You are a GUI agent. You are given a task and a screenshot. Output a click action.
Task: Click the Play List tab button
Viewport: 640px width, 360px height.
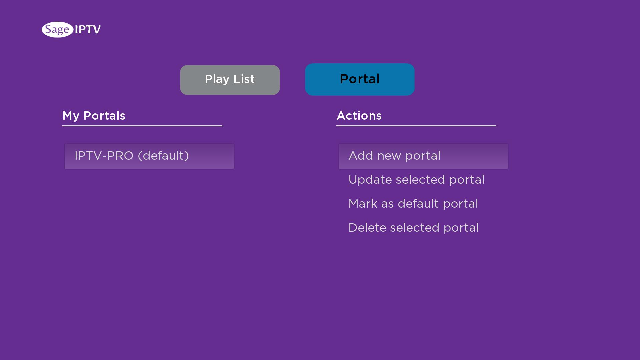coord(230,80)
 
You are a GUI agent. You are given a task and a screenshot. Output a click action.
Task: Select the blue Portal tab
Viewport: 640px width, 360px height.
coord(360,79)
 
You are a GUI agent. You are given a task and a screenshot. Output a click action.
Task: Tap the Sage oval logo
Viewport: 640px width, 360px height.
coord(57,30)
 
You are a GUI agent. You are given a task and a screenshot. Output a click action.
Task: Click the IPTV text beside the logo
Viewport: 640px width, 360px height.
coord(88,30)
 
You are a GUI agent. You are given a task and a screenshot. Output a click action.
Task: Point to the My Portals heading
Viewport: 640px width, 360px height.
coord(94,116)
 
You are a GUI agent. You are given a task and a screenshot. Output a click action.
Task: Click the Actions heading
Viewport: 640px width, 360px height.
coord(359,116)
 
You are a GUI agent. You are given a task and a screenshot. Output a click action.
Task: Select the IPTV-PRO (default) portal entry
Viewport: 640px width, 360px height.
coord(149,156)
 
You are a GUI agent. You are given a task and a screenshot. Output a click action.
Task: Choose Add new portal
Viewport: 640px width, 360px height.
coord(423,156)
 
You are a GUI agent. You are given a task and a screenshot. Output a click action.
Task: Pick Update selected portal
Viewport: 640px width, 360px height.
coord(416,180)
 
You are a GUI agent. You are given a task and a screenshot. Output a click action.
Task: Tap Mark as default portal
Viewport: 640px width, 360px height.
coord(413,204)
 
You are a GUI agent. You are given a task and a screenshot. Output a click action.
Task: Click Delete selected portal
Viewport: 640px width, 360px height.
coord(414,228)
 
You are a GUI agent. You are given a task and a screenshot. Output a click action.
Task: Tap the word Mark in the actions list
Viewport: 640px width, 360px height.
coord(363,204)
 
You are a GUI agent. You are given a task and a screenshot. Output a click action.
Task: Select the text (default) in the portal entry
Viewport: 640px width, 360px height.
coord(163,156)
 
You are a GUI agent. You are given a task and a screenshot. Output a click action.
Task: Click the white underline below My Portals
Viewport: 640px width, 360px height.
coord(142,126)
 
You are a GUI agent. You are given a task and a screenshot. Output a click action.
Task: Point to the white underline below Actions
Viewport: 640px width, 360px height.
coord(416,126)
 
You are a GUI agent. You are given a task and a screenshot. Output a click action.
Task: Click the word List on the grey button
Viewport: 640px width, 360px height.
coord(244,79)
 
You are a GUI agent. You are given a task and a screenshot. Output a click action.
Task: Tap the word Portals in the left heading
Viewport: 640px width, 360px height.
coord(104,116)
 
